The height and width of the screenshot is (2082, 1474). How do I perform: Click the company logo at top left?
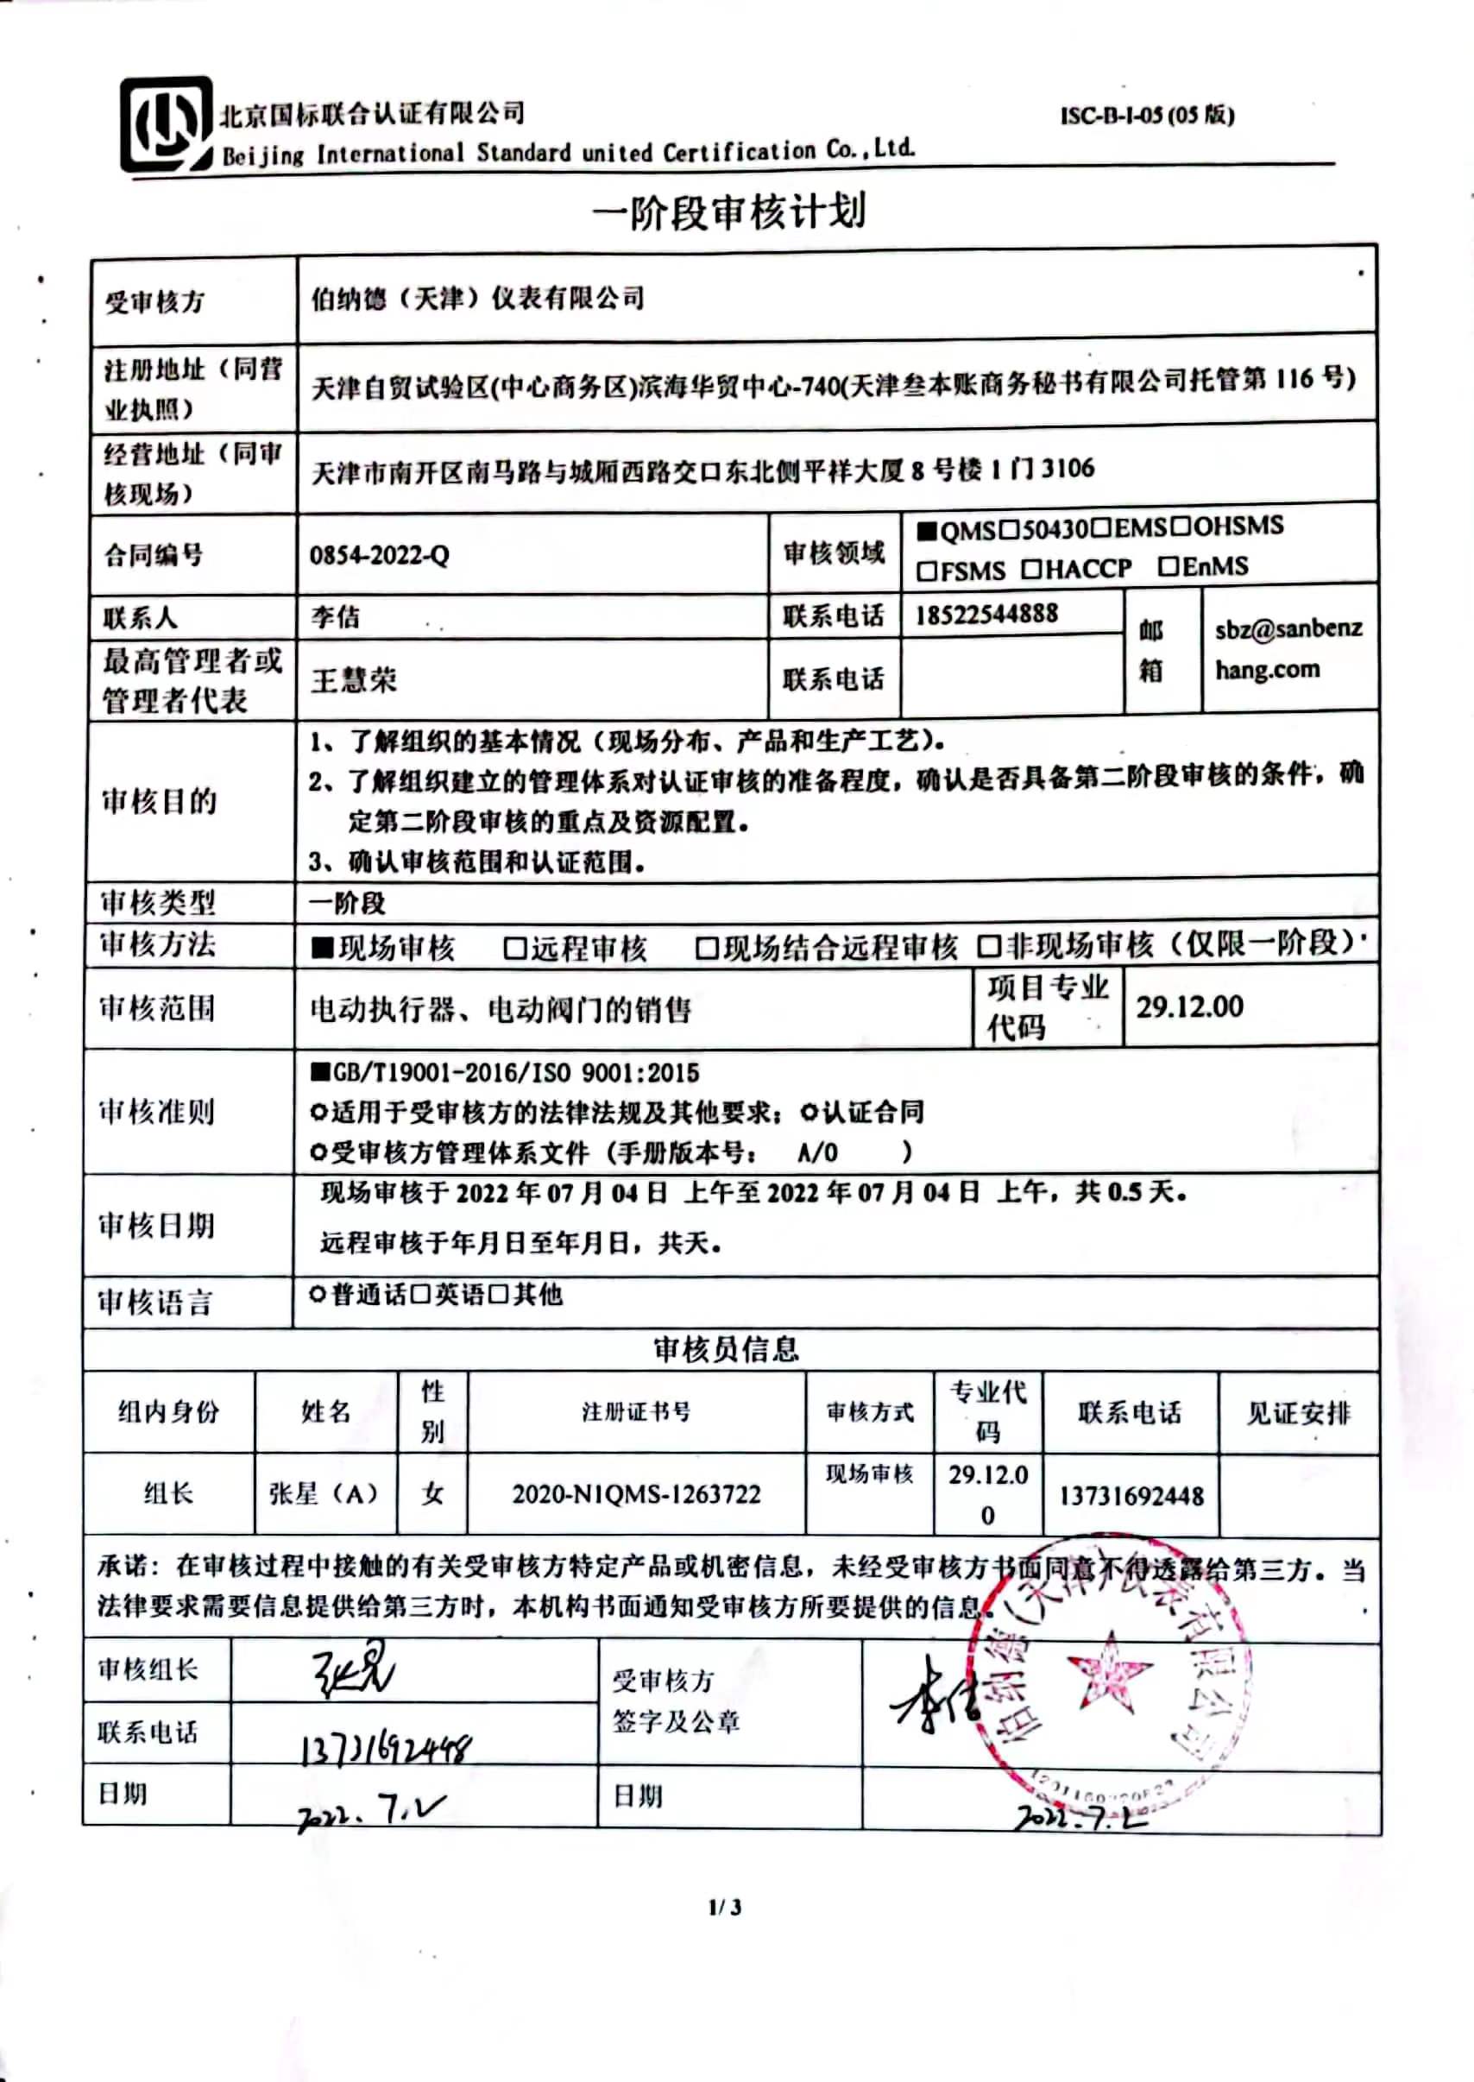tap(165, 124)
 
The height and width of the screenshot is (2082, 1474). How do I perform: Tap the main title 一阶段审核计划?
tap(729, 212)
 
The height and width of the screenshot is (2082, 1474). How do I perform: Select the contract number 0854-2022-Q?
tap(380, 554)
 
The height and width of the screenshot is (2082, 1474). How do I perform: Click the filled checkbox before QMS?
tap(926, 530)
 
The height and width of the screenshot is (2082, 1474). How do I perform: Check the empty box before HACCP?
tap(1030, 569)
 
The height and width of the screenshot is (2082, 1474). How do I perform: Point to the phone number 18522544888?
tap(986, 615)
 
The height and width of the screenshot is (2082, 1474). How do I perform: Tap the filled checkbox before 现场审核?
tap(322, 948)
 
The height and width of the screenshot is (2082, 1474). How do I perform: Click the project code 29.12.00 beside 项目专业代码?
tap(1189, 1006)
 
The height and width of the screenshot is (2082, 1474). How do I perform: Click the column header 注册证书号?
tap(636, 1411)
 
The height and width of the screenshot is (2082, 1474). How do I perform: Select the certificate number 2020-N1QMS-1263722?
tap(636, 1494)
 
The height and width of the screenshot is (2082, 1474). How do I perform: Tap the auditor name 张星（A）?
tap(324, 1493)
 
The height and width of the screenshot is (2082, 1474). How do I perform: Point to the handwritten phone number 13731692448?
tap(387, 1748)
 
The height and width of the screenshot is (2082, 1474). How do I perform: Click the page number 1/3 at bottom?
tap(725, 1906)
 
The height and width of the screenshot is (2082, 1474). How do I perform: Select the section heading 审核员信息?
tap(726, 1349)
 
